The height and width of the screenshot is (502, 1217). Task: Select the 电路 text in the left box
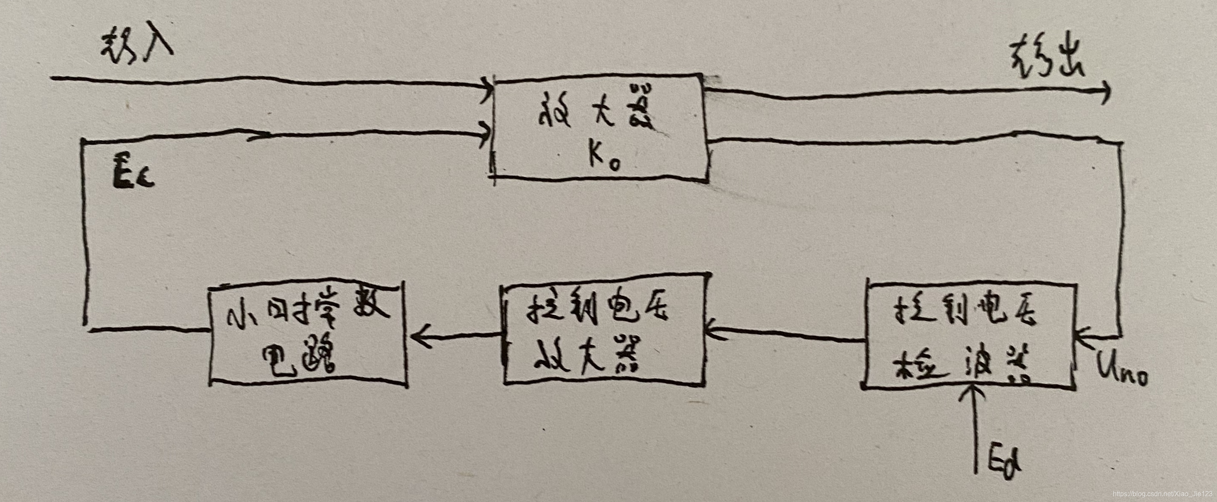pyautogui.click(x=298, y=361)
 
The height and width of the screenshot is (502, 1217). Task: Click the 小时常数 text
pyautogui.click(x=307, y=314)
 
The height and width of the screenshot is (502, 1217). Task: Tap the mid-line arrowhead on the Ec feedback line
pyautogui.click(x=260, y=136)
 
